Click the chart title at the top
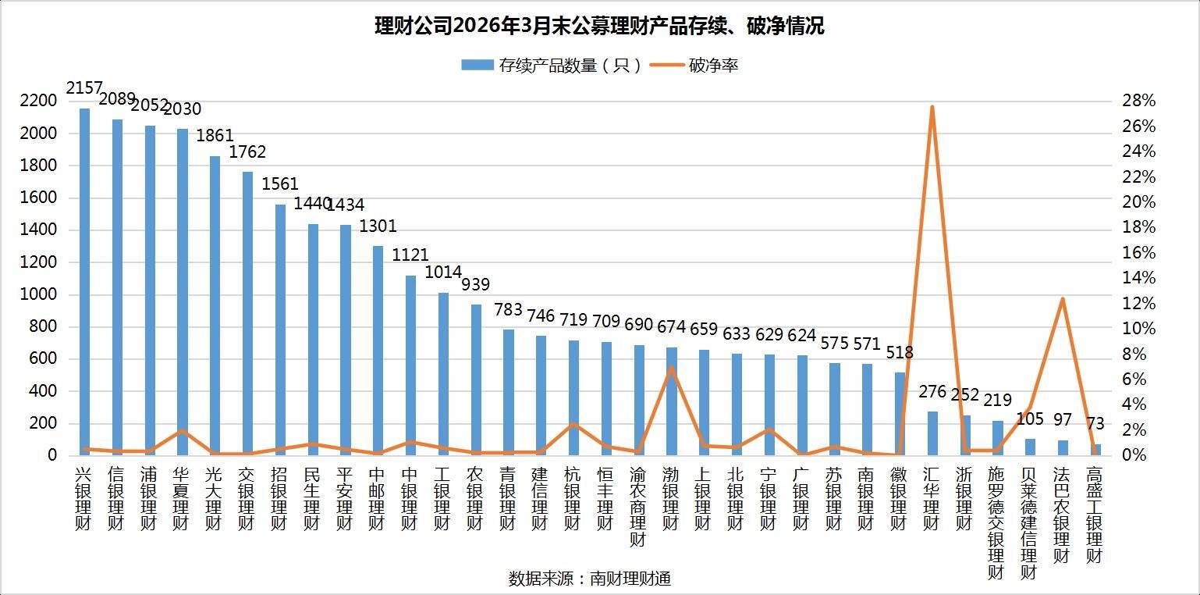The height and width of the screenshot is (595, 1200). point(599,26)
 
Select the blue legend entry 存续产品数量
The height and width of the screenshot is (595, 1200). point(552,66)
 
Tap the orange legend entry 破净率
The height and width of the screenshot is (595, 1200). point(694,66)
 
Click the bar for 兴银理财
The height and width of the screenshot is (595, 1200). point(84,282)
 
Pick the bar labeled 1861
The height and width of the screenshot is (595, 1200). point(215,305)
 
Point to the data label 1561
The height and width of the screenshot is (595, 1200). point(279,183)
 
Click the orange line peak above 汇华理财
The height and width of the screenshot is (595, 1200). point(932,107)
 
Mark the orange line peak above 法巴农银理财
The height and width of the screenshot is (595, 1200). point(1063,298)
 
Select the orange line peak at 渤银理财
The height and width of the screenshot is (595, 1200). point(671,367)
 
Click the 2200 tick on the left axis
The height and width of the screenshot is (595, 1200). point(38,101)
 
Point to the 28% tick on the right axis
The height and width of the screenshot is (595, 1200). point(1139,101)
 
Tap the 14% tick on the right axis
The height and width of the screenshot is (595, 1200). point(1139,278)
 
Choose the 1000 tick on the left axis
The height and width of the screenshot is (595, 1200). point(38,294)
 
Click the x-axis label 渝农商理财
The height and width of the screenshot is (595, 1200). point(638,507)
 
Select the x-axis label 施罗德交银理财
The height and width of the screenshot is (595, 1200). point(996,522)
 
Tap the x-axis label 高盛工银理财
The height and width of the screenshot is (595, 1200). point(1095,515)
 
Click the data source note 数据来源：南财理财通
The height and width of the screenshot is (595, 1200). point(590,579)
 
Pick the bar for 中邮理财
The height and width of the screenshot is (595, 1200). point(378,351)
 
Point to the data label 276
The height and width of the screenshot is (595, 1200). point(932,392)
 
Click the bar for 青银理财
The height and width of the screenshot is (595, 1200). point(509,393)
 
